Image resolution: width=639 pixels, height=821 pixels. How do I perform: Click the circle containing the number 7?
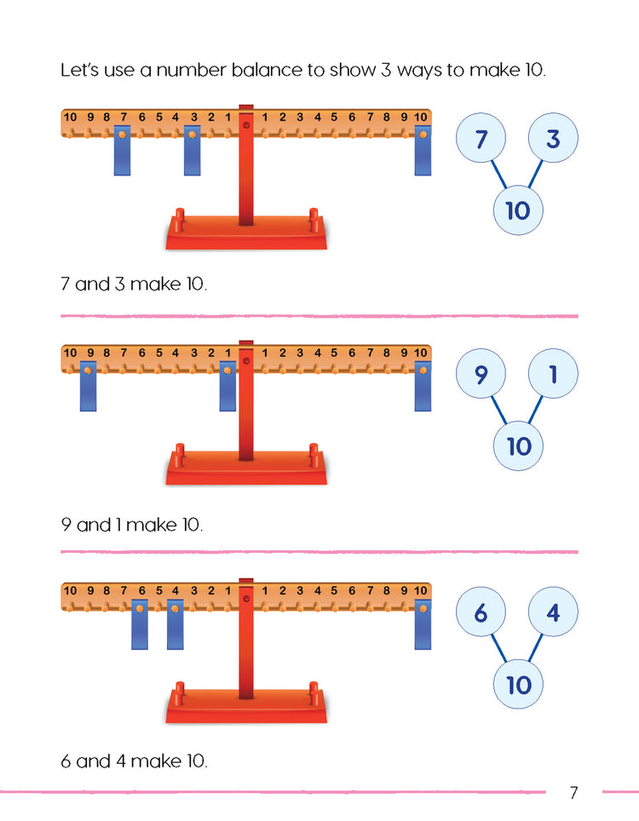[x=481, y=139]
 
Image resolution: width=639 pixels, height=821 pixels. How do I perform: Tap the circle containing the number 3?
[x=553, y=139]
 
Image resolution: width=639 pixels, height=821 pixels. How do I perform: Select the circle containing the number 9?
[x=481, y=376]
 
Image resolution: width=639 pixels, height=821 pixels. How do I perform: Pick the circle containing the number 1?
[x=553, y=376]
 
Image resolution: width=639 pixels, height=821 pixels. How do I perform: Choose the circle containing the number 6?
[x=481, y=613]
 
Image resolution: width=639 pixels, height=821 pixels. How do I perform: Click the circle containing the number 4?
[x=553, y=613]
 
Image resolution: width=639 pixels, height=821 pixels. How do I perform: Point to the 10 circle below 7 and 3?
[x=518, y=210]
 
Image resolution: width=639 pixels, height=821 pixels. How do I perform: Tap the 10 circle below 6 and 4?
[x=518, y=685]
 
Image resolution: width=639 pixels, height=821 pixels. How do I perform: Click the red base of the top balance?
[x=246, y=234]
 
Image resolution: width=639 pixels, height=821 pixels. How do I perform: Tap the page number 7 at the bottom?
[x=573, y=793]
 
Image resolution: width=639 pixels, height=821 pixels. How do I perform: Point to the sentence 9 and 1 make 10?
[x=132, y=525]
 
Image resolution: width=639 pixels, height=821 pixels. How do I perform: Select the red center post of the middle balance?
[x=246, y=409]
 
